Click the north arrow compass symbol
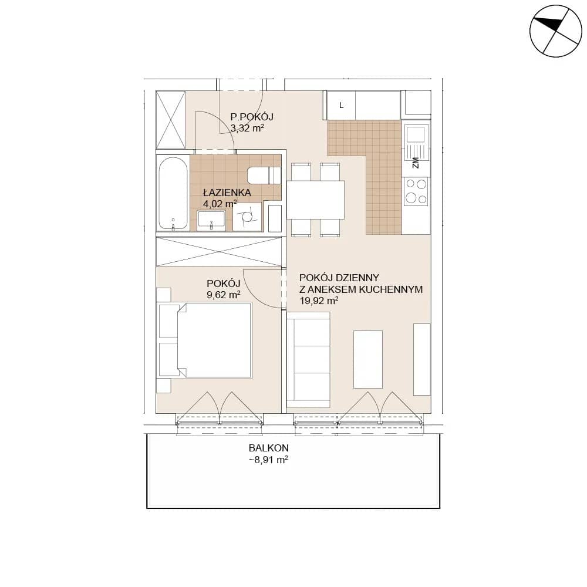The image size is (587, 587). click(555, 31)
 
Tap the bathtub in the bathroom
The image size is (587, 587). click(173, 193)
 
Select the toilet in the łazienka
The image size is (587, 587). click(264, 175)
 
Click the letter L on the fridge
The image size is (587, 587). click(341, 106)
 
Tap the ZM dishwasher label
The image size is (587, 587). click(415, 163)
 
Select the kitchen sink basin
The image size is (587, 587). click(416, 134)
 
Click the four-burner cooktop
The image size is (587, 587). click(416, 191)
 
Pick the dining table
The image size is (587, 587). click(315, 200)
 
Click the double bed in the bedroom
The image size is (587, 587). click(205, 340)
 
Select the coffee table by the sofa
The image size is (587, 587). click(368, 359)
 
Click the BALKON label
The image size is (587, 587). click(269, 448)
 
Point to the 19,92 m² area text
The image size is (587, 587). click(319, 301)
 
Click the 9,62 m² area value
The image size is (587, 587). click(224, 295)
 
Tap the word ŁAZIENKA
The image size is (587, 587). click(227, 193)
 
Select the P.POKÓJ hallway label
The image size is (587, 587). click(252, 116)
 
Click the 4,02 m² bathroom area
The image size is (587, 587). click(220, 204)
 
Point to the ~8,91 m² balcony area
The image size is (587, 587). click(268, 460)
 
